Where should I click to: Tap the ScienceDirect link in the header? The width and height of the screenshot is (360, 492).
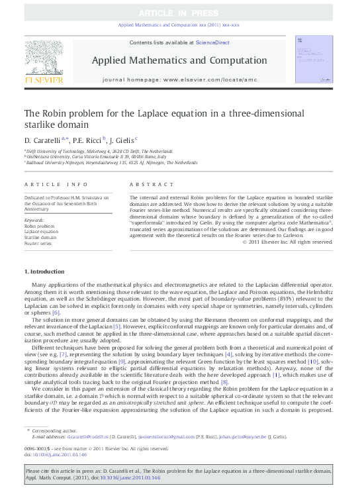(x=213, y=42)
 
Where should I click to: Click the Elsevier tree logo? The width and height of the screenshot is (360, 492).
(x=44, y=57)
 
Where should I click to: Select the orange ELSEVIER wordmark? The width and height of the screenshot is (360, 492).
(x=44, y=81)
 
